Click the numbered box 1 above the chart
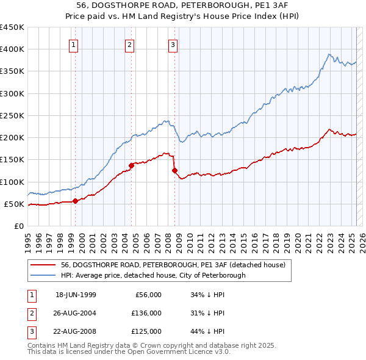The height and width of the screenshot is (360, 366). pyautogui.click(x=73, y=44)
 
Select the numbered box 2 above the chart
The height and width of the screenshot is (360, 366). pyautogui.click(x=130, y=44)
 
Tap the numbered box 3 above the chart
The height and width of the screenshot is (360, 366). pyautogui.click(x=173, y=44)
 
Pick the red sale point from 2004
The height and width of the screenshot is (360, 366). pyautogui.click(x=131, y=165)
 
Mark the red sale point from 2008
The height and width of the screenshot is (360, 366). pyautogui.click(x=174, y=170)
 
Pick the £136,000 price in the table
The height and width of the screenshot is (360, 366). pyautogui.click(x=147, y=313)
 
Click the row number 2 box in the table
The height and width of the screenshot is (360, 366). pyautogui.click(x=31, y=313)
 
